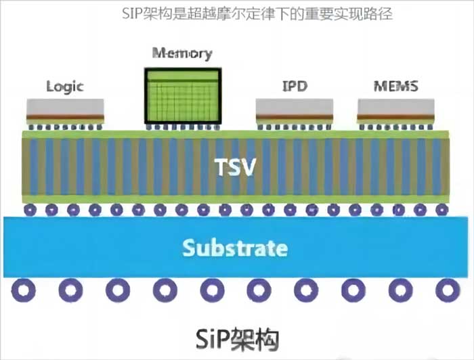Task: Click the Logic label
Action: (x=64, y=87)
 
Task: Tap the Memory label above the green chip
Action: (x=182, y=53)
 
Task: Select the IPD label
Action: (x=294, y=87)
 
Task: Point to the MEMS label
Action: (x=396, y=87)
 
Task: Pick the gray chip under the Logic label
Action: (x=65, y=106)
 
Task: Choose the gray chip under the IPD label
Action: (x=294, y=106)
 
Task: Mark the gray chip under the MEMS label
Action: (x=396, y=106)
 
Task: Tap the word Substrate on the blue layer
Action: (x=234, y=248)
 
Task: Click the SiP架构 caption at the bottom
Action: (x=236, y=336)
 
